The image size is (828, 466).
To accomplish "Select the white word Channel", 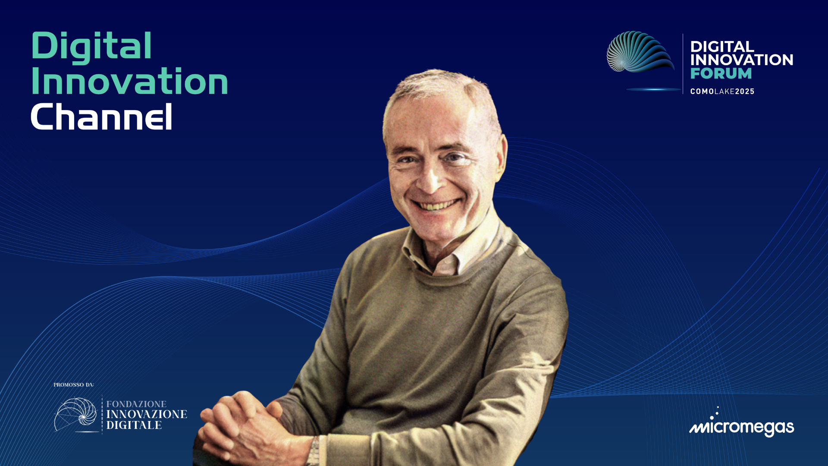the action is coord(101,116).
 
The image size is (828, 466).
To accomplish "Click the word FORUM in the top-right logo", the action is coord(721,73).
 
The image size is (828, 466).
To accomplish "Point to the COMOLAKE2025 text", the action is coord(722,91).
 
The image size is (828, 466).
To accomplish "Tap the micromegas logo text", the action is coord(742,427).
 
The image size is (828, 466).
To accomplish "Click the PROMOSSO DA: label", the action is coord(74,384).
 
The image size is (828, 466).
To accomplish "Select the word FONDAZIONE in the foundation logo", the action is coord(136,404).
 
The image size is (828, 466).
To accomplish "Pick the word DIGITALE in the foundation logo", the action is coord(134,425).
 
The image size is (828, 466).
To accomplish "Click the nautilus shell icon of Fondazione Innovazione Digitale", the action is coord(75,414).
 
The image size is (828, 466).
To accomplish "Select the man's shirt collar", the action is coord(453,250).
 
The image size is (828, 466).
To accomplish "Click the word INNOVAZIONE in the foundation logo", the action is coord(147,414).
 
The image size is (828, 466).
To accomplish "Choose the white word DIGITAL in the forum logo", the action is coord(722,47).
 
